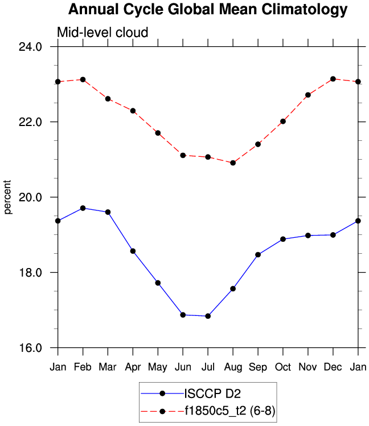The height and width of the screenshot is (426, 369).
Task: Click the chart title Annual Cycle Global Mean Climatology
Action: (207, 10)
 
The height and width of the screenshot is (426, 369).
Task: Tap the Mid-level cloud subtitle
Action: (102, 33)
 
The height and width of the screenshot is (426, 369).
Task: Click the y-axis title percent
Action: (8, 197)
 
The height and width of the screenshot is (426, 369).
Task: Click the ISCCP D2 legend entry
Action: (207, 393)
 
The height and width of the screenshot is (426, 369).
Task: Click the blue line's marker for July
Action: (208, 316)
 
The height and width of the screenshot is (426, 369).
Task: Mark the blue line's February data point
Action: (83, 208)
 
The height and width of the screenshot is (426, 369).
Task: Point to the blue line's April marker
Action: (133, 251)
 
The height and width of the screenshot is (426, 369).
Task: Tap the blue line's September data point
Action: (258, 254)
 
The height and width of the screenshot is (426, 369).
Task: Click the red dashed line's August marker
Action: (233, 163)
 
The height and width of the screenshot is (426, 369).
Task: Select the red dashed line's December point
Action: (333, 79)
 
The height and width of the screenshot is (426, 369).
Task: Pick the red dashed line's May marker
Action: (158, 133)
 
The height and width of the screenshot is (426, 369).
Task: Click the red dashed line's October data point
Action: (283, 121)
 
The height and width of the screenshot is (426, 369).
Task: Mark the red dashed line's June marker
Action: (183, 155)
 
